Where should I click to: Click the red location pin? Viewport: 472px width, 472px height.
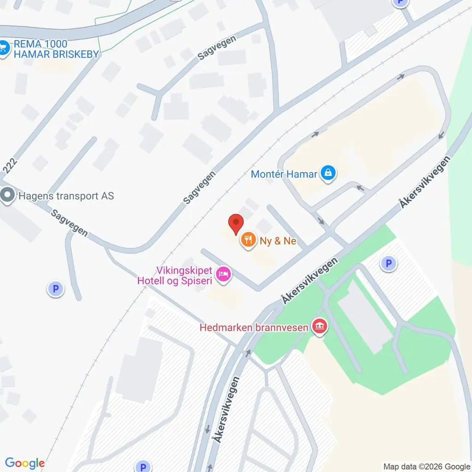coord(236,224)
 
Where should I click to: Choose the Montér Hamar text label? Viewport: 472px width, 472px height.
coord(284,174)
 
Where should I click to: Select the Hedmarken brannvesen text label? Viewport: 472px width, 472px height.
coord(254,328)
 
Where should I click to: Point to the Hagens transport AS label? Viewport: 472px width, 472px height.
coord(66,196)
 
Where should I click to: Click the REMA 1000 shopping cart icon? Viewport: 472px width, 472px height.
coord(4,48)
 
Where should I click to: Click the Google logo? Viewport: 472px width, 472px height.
coord(25,463)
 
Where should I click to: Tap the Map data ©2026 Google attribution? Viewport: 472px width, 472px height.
coord(426,466)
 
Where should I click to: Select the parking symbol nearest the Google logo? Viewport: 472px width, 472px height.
coord(143,466)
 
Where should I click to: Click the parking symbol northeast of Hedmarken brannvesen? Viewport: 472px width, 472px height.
coord(388,264)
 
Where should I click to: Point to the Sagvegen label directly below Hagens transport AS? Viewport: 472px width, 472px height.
coord(70,223)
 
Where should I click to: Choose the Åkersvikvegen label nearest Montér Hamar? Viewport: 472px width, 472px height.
coord(425,182)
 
